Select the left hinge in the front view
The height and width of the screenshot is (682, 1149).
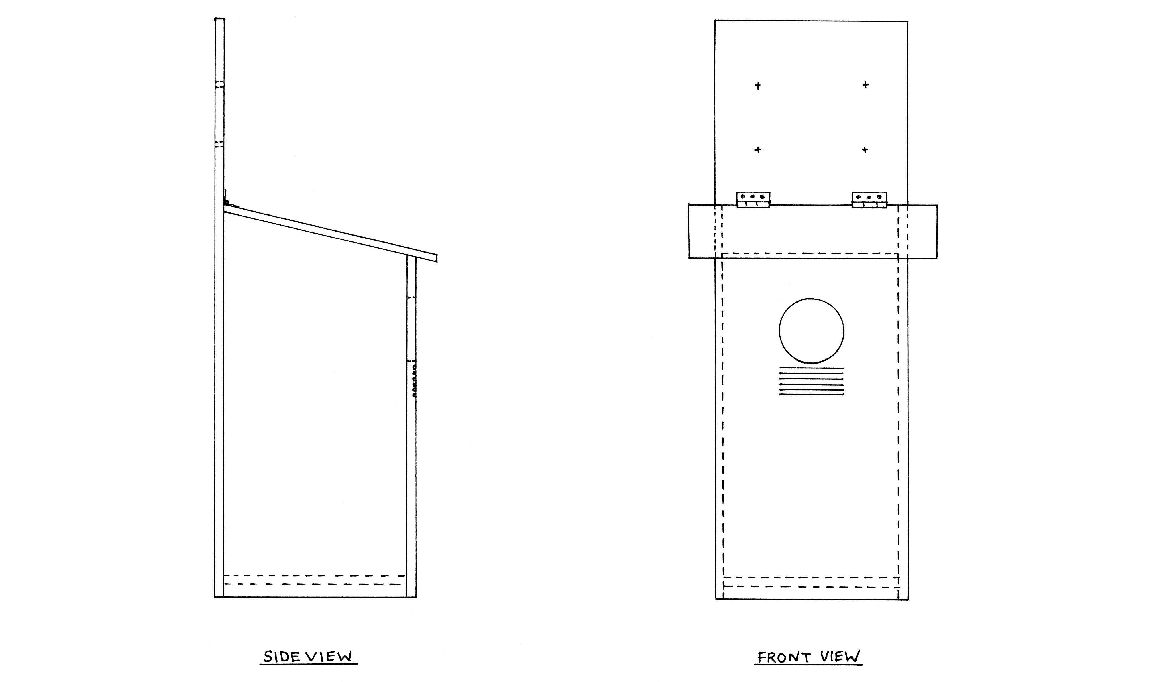coord(753,200)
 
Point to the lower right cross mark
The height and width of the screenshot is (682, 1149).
coord(865,149)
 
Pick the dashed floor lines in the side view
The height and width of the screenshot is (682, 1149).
coord(315,580)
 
